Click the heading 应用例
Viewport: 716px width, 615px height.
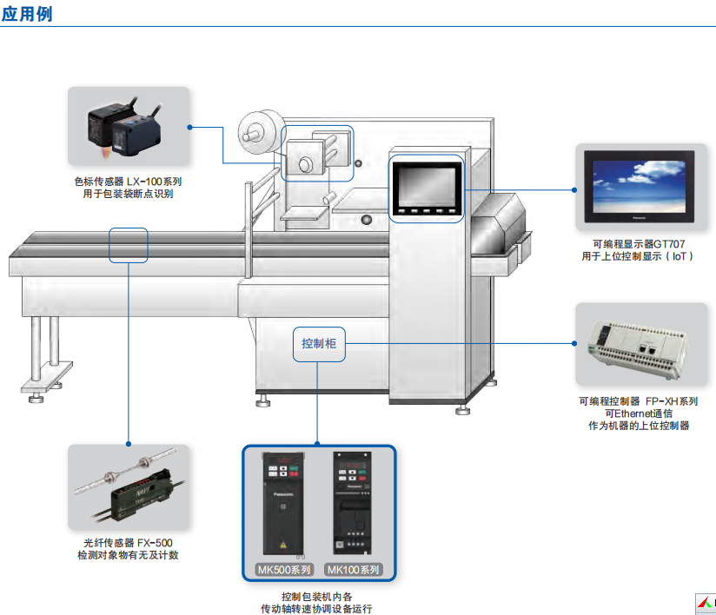(27, 13)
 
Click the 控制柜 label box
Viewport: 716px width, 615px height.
(318, 344)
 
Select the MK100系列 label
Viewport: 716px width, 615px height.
(354, 571)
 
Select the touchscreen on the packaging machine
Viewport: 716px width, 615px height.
(426, 182)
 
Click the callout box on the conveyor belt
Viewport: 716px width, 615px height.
(129, 245)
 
